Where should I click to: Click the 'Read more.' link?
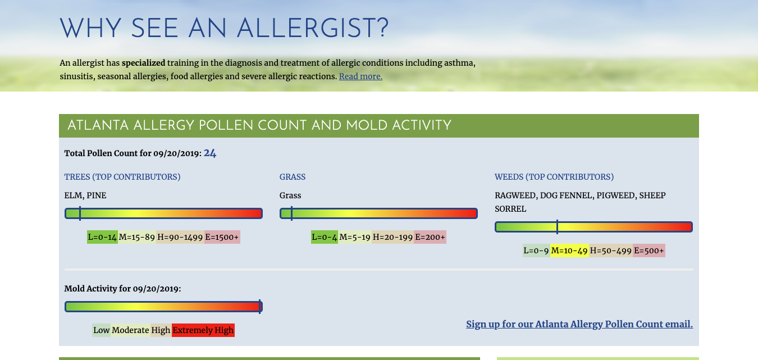[360, 76]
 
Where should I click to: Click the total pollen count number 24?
[210, 153]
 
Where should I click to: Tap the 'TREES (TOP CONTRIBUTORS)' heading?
[122, 177]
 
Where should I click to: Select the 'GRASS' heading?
[293, 177]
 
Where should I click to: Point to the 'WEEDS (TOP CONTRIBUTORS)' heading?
[554, 177]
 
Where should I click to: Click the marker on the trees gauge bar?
[80, 213]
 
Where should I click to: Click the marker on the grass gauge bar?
[292, 213]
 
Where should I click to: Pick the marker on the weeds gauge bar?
[557, 227]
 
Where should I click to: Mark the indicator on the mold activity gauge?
[259, 307]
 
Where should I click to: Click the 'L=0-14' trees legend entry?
[102, 237]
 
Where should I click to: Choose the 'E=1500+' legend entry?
[222, 237]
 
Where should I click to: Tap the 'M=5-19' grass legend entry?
[355, 237]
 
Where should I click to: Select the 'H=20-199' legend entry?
[392, 237]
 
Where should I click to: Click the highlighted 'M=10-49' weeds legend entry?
[569, 250]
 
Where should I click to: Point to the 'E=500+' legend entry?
[649, 250]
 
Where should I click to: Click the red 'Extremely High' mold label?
[203, 330]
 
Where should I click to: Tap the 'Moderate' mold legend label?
[130, 330]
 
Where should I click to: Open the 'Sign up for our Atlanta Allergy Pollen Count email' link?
[579, 324]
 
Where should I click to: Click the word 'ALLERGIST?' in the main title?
[313, 29]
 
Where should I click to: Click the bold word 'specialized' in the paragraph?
[144, 63]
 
